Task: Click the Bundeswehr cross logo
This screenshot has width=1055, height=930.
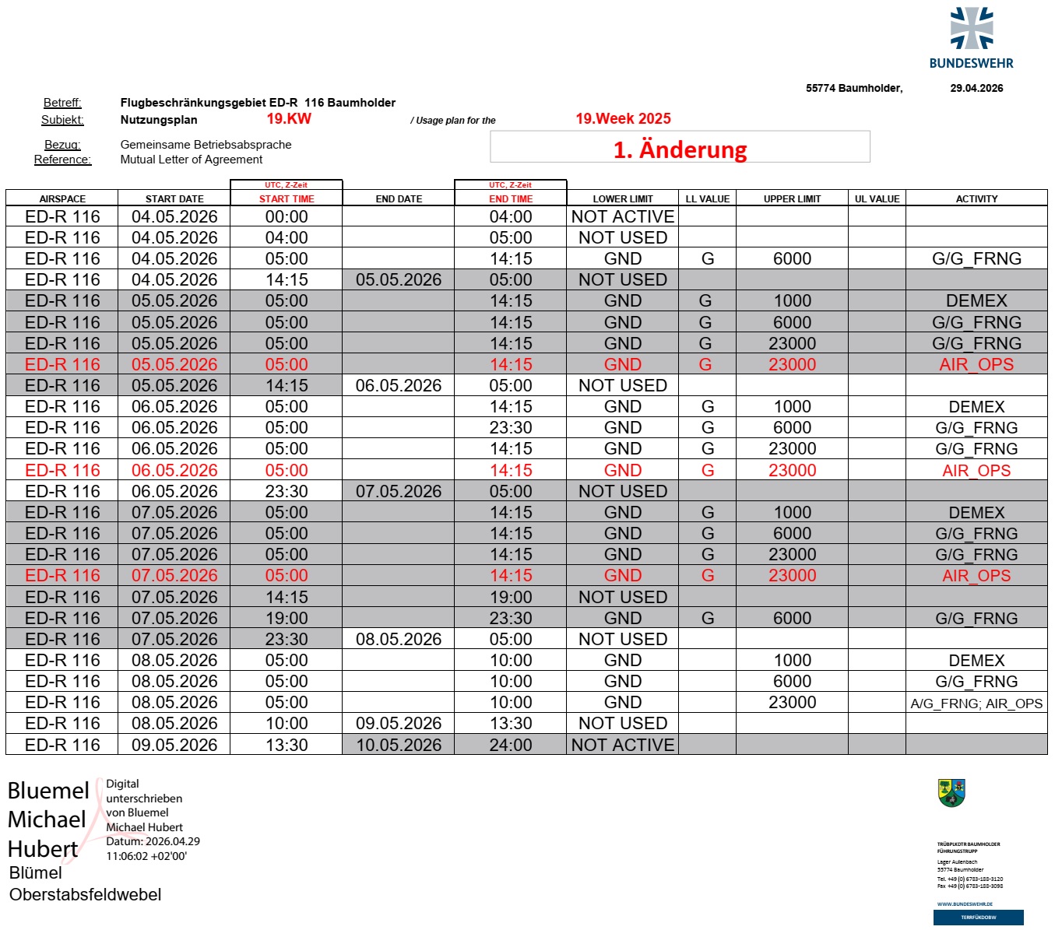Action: [x=972, y=29]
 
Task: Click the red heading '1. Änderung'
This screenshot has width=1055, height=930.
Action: [x=680, y=149]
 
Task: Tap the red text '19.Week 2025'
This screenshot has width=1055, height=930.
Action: [x=623, y=118]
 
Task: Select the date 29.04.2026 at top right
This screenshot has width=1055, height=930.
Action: [x=976, y=88]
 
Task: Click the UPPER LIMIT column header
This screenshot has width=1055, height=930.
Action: [x=792, y=198]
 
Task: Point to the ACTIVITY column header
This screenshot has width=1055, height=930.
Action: [x=976, y=198]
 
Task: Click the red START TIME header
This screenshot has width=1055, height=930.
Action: [x=287, y=198]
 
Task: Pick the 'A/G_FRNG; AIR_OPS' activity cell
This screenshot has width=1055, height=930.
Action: [x=976, y=703]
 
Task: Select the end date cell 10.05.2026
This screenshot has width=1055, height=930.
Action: [x=399, y=745]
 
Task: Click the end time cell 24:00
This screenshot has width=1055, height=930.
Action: [x=511, y=745]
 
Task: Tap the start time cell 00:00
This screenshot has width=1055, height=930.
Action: [x=287, y=216]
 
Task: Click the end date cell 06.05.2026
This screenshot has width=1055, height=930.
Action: [x=399, y=385]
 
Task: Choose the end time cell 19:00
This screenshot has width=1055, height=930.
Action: [x=511, y=597]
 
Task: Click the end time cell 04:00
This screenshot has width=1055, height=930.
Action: [x=511, y=216]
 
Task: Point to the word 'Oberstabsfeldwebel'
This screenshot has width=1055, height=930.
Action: [x=86, y=894]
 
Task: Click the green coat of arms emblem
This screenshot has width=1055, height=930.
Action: [x=951, y=793]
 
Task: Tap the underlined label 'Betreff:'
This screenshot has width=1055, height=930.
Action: [x=62, y=103]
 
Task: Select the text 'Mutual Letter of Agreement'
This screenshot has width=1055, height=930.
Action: [x=192, y=160]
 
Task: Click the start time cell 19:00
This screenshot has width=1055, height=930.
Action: [x=287, y=618]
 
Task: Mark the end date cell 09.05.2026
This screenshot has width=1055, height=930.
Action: [x=399, y=723]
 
